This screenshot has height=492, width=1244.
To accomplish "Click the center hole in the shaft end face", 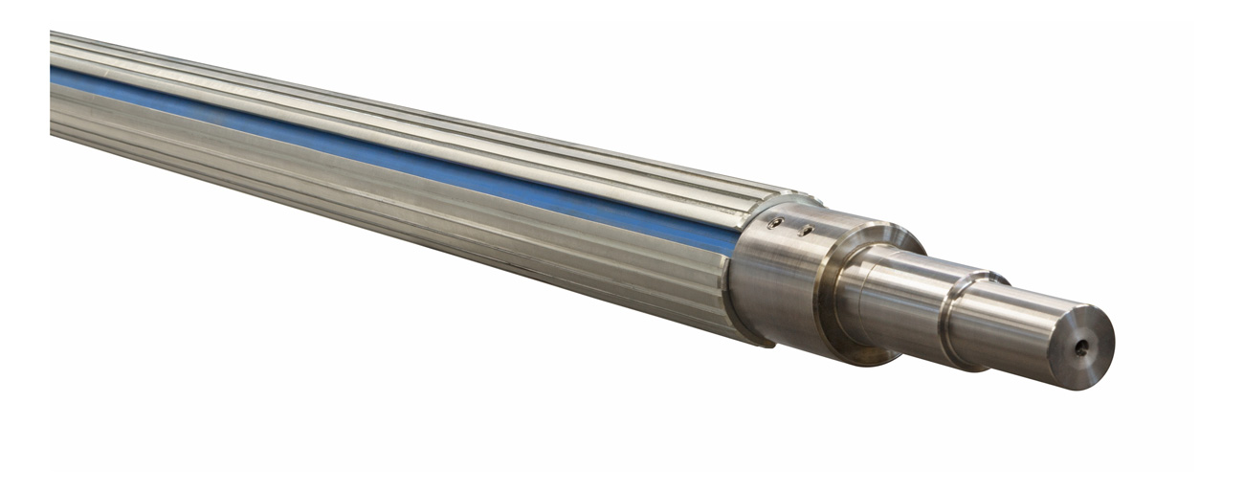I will pos(1080,348).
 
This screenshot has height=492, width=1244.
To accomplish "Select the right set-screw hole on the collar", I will pos(807,230).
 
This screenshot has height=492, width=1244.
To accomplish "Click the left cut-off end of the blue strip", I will pos(54,76).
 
